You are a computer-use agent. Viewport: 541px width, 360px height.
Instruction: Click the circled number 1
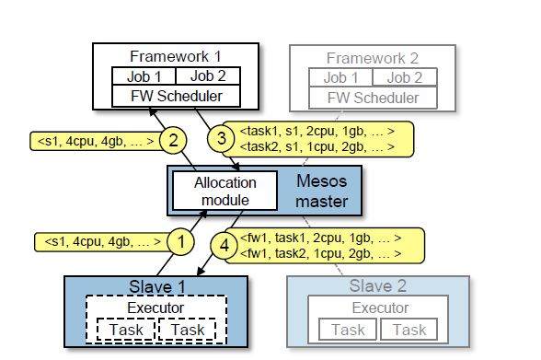tap(181, 242)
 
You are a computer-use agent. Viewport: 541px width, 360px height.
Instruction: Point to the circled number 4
tap(222, 245)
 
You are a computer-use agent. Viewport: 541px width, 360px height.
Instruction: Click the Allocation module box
tap(224, 191)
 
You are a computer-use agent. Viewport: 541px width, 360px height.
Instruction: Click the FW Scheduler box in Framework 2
tap(373, 97)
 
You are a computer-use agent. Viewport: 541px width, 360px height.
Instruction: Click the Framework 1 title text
tap(175, 57)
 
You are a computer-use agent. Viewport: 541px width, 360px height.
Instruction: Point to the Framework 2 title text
tap(373, 58)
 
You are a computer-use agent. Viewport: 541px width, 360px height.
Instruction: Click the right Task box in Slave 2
tap(409, 330)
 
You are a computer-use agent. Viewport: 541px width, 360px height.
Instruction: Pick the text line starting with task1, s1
tap(317, 131)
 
